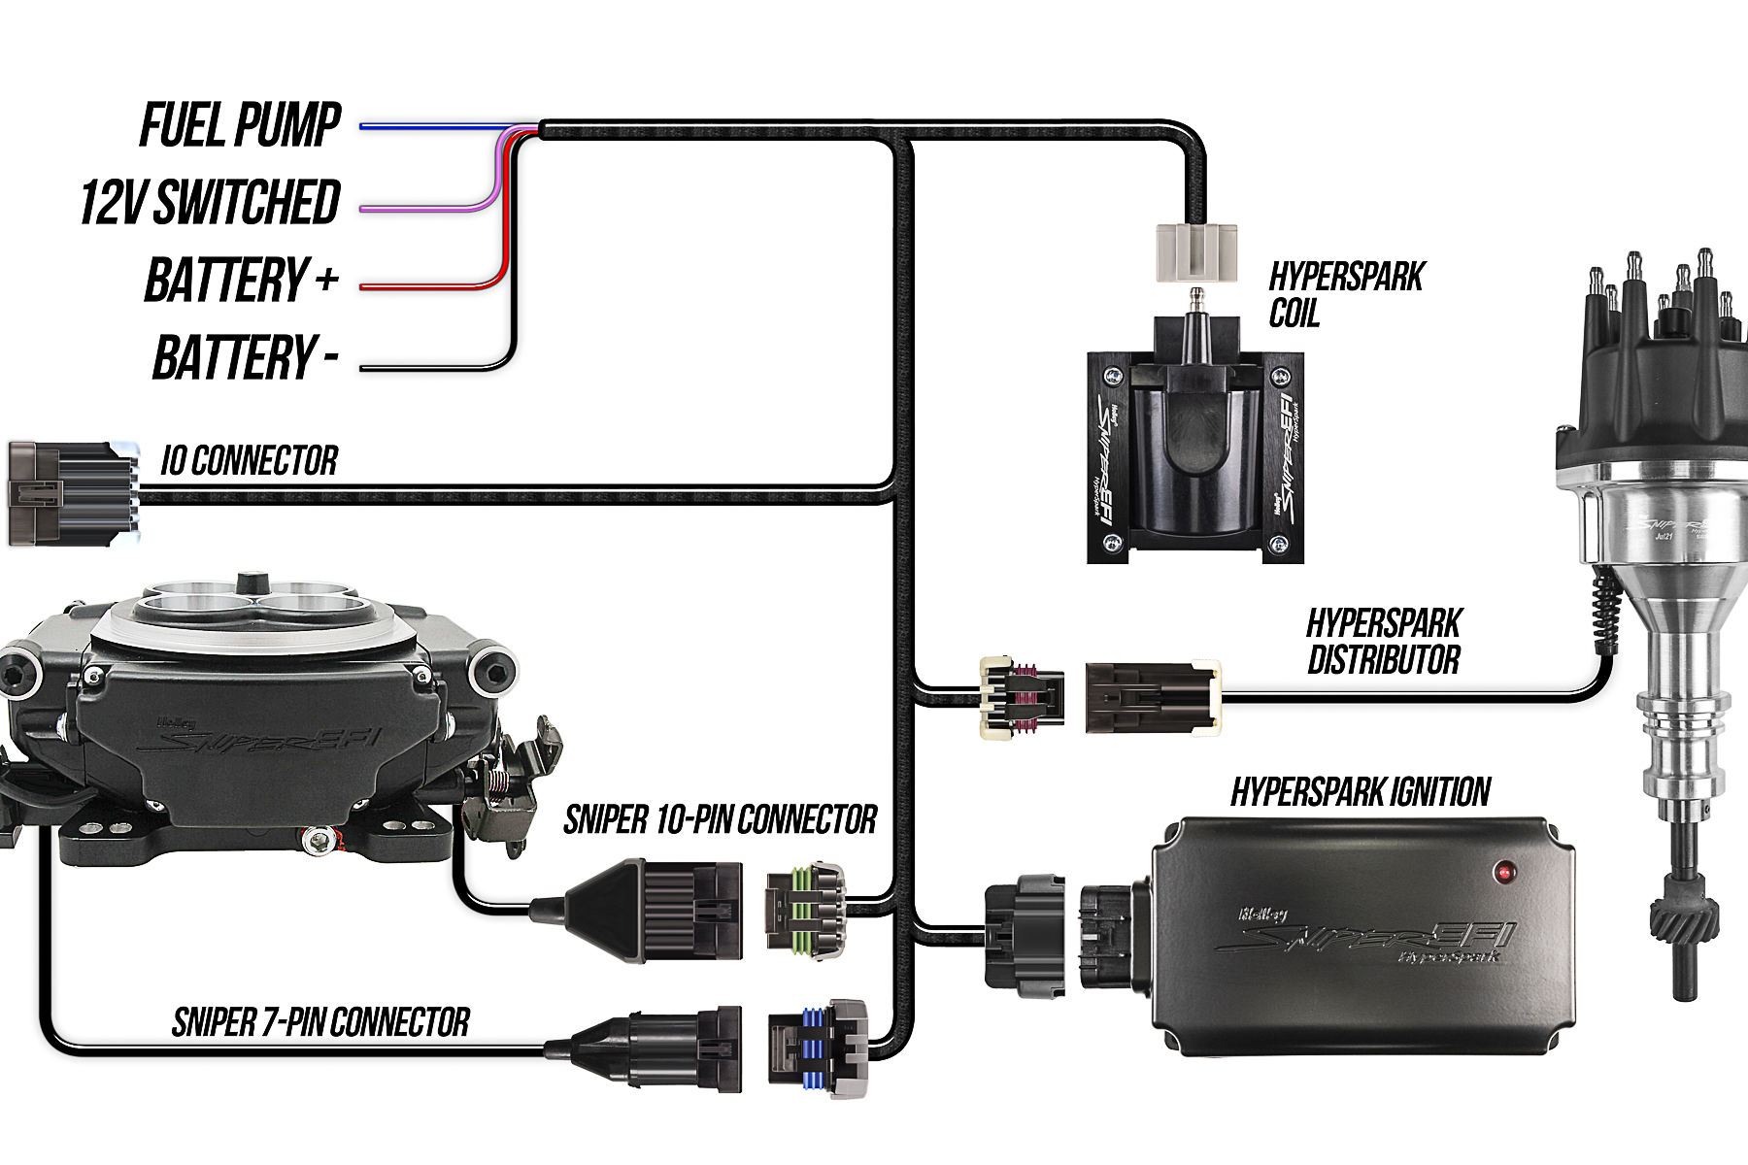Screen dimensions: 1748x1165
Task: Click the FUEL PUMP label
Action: pos(240,125)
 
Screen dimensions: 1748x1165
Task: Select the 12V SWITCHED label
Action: pos(210,202)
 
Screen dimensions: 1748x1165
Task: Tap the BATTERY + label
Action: pos(241,280)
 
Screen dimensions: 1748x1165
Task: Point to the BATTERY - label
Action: pos(245,357)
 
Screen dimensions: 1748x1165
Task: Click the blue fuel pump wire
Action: pos(437,127)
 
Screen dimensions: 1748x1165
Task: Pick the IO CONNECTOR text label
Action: pos(250,460)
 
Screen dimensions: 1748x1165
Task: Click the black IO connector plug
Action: pos(74,492)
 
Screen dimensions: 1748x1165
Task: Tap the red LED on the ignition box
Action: pos(1505,871)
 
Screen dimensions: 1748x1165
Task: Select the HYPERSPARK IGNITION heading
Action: pos(1361,792)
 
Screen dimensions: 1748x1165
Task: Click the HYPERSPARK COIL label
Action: pos(1345,294)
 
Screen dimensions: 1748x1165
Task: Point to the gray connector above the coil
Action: pos(1196,252)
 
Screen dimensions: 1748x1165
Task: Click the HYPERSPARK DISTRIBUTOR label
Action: pos(1384,642)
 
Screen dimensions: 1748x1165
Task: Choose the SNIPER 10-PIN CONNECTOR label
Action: pos(721,820)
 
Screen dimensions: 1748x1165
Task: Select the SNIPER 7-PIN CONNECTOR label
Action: pos(320,1022)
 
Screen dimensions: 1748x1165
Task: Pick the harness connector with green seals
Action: pos(806,910)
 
